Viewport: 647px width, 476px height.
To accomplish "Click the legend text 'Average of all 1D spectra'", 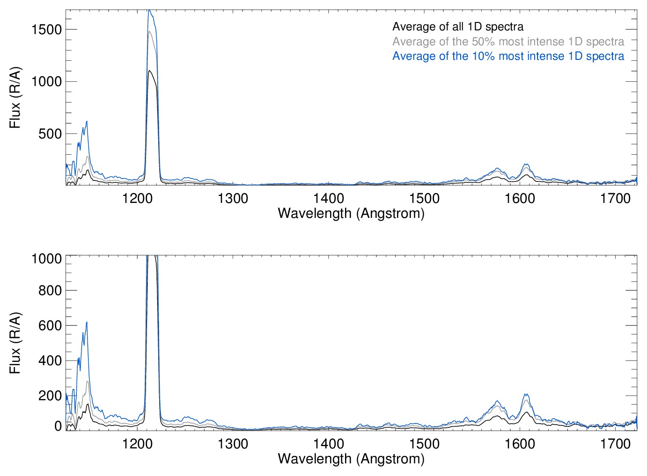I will [x=457, y=27].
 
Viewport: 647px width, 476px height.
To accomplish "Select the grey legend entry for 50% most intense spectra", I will [x=508, y=42].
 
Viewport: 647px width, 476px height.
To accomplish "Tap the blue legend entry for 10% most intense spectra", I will [x=508, y=56].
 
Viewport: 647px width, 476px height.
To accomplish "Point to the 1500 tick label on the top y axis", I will [x=46, y=29].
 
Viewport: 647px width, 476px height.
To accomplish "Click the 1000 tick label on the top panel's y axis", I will [x=46, y=81].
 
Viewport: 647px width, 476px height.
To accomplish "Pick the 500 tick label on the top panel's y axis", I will [x=50, y=134].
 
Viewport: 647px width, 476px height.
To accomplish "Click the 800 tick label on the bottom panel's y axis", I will [x=50, y=290].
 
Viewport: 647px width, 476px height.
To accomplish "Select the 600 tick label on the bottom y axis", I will [x=50, y=325].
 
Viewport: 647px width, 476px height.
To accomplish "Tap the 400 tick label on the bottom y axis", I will [x=50, y=361].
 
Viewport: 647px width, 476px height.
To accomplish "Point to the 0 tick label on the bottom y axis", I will [x=58, y=426].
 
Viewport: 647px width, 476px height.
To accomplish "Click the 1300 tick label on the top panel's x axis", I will [x=233, y=198].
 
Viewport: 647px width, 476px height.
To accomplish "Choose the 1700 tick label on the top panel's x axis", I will [x=615, y=198].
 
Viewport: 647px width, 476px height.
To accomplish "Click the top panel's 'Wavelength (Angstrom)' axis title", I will [x=351, y=213].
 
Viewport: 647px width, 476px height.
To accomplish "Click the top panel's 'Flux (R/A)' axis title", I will [x=15, y=98].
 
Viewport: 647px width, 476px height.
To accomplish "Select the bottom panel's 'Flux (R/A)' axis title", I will [x=15, y=343].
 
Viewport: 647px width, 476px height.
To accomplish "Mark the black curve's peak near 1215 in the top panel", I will [x=149, y=71].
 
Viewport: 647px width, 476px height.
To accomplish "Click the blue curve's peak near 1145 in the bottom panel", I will [x=87, y=322].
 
